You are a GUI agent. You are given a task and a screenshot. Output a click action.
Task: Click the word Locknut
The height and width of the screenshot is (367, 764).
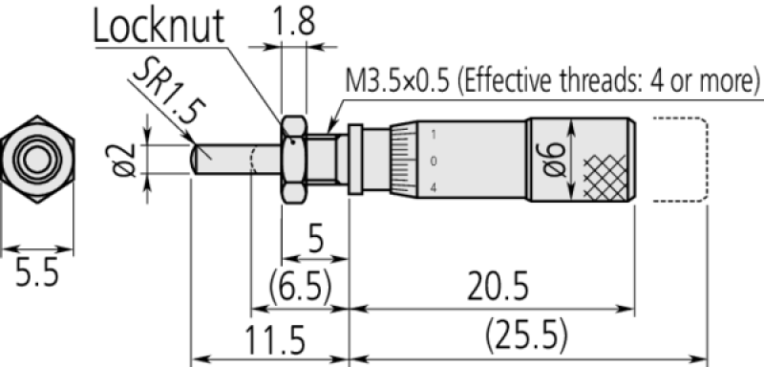point(159,26)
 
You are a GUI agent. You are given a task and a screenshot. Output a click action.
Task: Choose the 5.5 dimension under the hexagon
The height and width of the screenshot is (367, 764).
point(36,272)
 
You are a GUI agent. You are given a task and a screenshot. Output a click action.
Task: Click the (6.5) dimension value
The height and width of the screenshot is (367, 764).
point(300,288)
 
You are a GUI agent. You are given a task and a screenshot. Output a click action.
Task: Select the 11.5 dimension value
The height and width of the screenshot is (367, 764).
point(274,339)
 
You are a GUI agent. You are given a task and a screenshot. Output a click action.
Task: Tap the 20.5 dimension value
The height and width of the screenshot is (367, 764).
point(498,288)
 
